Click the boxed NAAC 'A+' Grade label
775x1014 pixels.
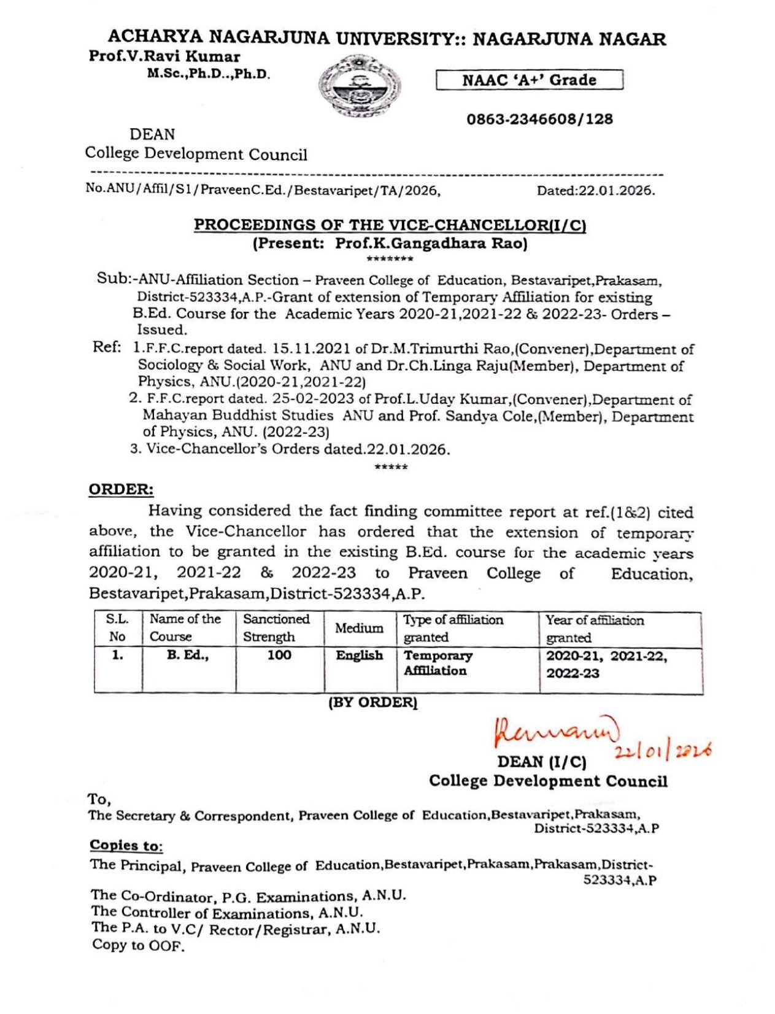pos(529,80)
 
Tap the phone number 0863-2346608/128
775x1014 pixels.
pos(539,119)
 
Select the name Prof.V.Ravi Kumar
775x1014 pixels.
pos(164,56)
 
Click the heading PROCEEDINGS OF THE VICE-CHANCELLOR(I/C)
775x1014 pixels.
pos(390,225)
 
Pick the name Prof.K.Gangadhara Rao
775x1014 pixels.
pos(431,244)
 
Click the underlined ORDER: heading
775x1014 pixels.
pos(121,490)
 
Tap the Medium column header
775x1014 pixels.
pos(359,628)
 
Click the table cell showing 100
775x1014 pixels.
pos(279,656)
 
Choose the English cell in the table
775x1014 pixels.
pos(359,656)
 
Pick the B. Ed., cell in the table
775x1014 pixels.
pos(188,656)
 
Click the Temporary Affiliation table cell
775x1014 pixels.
pos(438,663)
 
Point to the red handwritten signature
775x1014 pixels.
pos(556,730)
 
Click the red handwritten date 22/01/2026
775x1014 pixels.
pos(663,750)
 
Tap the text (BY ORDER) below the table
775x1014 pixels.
pos(373,703)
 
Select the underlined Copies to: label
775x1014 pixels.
pos(126,845)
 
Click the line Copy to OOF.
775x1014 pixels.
pos(138,945)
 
